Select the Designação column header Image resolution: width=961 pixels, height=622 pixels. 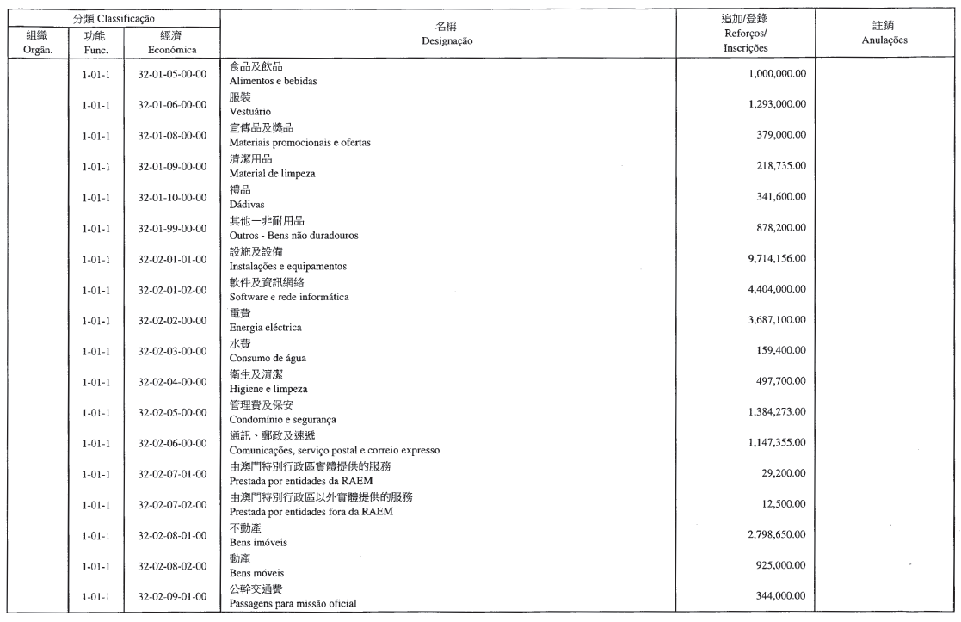(x=447, y=40)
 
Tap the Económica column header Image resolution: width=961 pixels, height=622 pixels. (x=172, y=50)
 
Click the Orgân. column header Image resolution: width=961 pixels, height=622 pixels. (x=38, y=50)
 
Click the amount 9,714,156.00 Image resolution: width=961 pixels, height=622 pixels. (x=769, y=258)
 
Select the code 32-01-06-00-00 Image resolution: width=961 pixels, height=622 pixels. (x=172, y=105)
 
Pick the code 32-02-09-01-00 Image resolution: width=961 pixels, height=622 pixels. (x=172, y=595)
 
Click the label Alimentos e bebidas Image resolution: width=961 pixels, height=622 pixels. (x=273, y=81)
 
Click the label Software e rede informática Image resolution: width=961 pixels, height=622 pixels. (x=288, y=296)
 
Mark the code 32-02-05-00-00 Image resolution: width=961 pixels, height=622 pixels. (x=172, y=412)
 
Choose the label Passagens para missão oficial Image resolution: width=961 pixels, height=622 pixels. (x=293, y=603)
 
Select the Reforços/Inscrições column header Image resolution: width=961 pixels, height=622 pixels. (x=745, y=40)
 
